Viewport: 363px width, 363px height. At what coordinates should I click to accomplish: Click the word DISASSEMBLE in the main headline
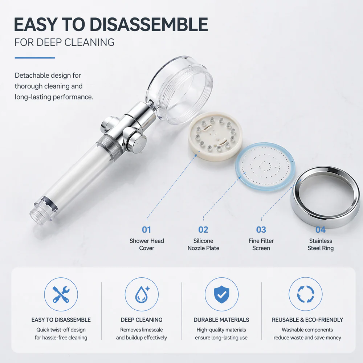click(x=148, y=24)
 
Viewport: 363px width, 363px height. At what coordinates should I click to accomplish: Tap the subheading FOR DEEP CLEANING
click(x=64, y=42)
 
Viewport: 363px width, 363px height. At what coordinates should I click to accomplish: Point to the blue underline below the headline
click(x=35, y=58)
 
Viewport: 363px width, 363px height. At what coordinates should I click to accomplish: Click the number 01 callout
click(x=147, y=230)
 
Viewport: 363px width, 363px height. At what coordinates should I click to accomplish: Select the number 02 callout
click(x=203, y=230)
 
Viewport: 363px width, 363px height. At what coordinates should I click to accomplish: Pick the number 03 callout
click(x=261, y=230)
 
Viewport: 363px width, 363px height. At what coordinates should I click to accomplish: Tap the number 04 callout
click(x=321, y=230)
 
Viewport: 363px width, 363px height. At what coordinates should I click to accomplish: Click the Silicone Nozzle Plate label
click(x=203, y=244)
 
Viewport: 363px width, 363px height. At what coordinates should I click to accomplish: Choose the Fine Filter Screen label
click(x=261, y=244)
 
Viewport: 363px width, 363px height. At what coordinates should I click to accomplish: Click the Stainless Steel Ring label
click(x=321, y=244)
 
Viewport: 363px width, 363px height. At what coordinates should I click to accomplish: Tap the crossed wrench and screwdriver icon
click(x=61, y=294)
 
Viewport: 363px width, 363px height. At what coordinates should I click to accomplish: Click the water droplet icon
click(x=142, y=294)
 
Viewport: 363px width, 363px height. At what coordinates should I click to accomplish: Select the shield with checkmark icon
click(x=221, y=294)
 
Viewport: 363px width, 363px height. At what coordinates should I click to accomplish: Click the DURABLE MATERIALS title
click(x=221, y=320)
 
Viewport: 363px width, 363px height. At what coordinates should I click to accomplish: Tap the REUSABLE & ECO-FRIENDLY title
click(x=307, y=320)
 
